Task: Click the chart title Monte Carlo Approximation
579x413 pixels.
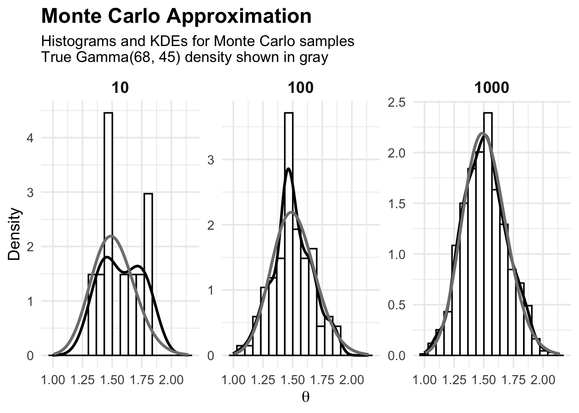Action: tap(176, 16)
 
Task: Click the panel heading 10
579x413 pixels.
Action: tap(120, 88)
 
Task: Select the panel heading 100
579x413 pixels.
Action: tap(300, 88)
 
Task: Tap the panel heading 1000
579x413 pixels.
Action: tap(492, 88)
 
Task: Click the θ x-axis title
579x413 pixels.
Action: tap(305, 397)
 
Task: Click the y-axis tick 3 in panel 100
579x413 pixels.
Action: tap(211, 160)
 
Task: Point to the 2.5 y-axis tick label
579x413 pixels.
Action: tap(397, 102)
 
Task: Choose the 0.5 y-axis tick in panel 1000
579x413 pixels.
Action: tap(397, 305)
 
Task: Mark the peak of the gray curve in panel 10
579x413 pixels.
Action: tap(112, 236)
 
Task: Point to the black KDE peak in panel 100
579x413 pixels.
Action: tap(288, 169)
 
